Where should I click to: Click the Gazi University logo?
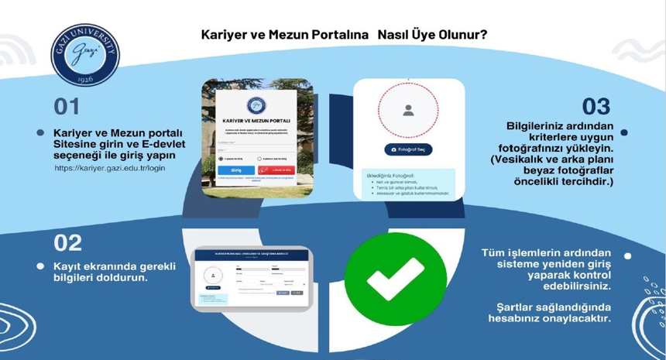click(85, 57)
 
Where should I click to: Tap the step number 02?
click(67, 242)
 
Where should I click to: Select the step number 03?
click(596, 106)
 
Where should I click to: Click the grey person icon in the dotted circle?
click(408, 110)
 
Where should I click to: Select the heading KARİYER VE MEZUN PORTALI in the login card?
click(256, 122)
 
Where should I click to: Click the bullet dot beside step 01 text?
click(40, 133)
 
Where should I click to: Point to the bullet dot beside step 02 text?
click(40, 266)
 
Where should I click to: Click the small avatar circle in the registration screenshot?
click(212, 275)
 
